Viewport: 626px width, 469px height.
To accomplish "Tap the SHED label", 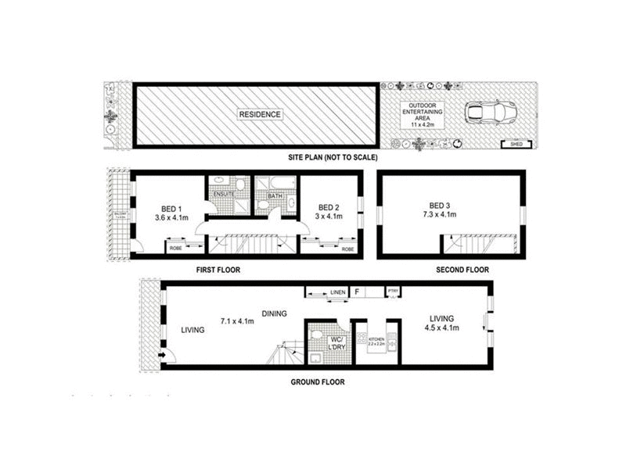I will tap(513, 143).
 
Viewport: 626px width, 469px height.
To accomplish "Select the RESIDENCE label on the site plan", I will tap(261, 114).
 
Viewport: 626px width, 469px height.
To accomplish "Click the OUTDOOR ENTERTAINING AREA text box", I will tap(422, 114).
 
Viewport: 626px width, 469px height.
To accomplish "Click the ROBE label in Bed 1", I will tap(176, 249).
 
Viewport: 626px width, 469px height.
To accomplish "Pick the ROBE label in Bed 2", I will tap(348, 249).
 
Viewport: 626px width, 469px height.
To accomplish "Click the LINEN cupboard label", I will tap(337, 292).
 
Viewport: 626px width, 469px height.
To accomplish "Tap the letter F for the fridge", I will tap(357, 292).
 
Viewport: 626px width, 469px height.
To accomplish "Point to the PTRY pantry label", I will tap(394, 292).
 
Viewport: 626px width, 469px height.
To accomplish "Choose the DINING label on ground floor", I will tap(275, 313).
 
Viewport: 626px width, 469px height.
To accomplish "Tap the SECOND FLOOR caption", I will tap(462, 270).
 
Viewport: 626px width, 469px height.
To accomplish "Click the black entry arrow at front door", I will tap(161, 356).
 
